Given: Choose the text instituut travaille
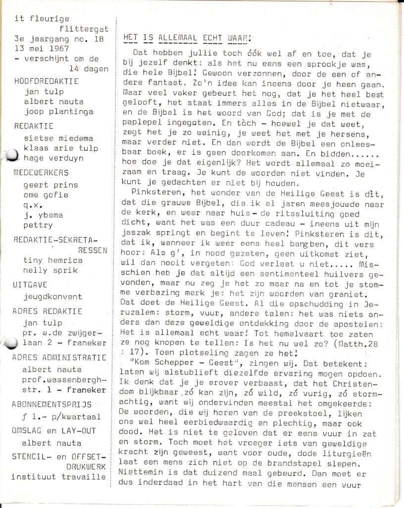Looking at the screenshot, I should [x=59, y=477].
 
